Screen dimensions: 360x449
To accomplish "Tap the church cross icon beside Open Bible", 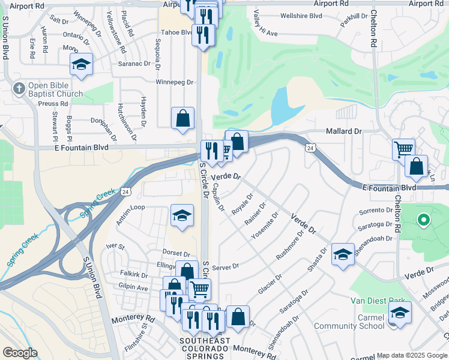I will point(19,88).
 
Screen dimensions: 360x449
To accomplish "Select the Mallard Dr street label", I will point(344,131).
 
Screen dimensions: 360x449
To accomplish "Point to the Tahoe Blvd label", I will point(178,32).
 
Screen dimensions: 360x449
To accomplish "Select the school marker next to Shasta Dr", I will point(343,255).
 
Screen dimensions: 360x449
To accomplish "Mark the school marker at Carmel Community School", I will point(400,313).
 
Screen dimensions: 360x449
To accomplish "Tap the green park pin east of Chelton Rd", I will point(423,220).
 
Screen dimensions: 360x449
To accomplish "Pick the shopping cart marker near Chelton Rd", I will point(403,149).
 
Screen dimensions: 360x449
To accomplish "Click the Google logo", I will point(20,353).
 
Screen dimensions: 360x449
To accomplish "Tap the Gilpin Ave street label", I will point(133,288).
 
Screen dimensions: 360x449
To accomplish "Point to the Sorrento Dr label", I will point(375,211).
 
